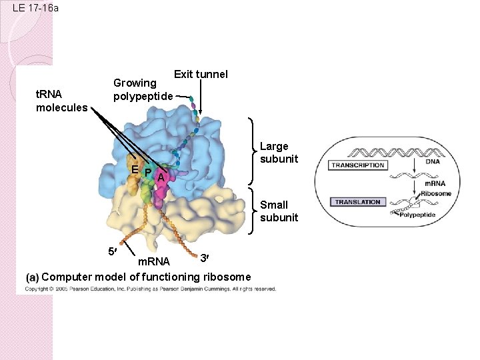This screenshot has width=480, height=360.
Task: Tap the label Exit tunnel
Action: coord(200,74)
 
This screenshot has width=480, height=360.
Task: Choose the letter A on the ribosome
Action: coord(161,177)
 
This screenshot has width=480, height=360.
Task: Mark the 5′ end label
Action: coord(113,251)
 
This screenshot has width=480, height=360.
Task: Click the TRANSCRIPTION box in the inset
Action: coord(359,165)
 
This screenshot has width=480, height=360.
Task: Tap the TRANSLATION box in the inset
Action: coord(357,202)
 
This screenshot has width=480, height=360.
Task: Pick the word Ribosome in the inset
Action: coord(436,193)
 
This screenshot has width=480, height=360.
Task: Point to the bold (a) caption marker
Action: coord(32,277)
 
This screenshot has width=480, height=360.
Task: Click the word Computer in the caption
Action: coord(67,277)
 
